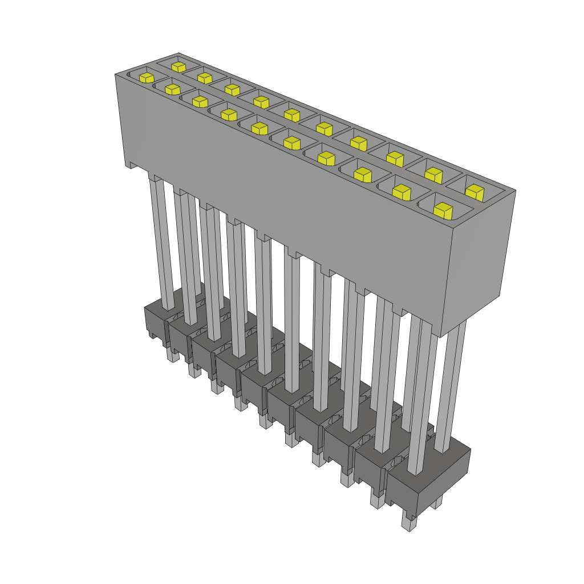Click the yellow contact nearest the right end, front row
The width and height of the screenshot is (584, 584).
443,210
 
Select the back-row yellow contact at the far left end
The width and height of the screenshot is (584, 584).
178,66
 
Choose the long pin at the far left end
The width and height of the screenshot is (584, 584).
160,240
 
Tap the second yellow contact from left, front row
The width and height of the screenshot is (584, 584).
172,88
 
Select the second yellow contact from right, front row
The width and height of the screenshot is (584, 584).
402,193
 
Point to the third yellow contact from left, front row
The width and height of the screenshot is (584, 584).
199,102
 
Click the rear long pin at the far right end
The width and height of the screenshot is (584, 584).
451,388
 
